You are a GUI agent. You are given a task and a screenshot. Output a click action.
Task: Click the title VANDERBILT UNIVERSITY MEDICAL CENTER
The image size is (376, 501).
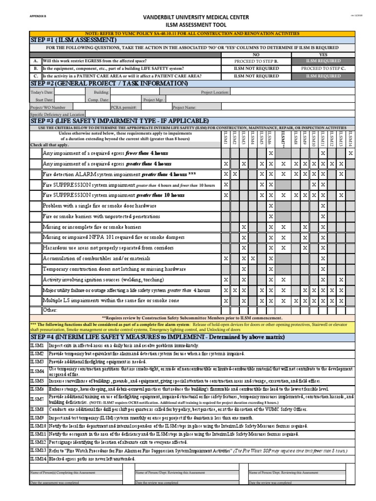(196, 17)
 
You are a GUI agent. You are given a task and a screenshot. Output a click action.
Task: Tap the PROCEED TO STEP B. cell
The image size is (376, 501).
(256, 62)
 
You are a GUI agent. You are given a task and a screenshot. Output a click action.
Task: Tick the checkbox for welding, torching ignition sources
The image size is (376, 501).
(36, 280)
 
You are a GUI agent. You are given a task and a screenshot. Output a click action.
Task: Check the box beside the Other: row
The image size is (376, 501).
(36, 310)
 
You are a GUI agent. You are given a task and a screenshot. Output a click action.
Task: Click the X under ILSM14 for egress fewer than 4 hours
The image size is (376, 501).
(351, 153)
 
